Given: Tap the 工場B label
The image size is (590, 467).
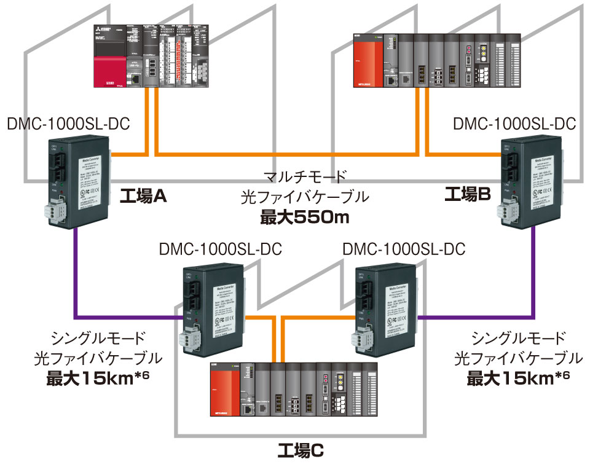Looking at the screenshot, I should [x=468, y=195].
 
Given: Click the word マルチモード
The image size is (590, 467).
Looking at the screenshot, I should [x=305, y=178].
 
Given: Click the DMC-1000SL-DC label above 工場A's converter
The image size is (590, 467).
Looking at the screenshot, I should [x=68, y=124].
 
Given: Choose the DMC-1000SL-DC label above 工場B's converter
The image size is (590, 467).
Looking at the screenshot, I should [x=514, y=124].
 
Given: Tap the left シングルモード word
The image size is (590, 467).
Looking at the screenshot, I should [x=98, y=338].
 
